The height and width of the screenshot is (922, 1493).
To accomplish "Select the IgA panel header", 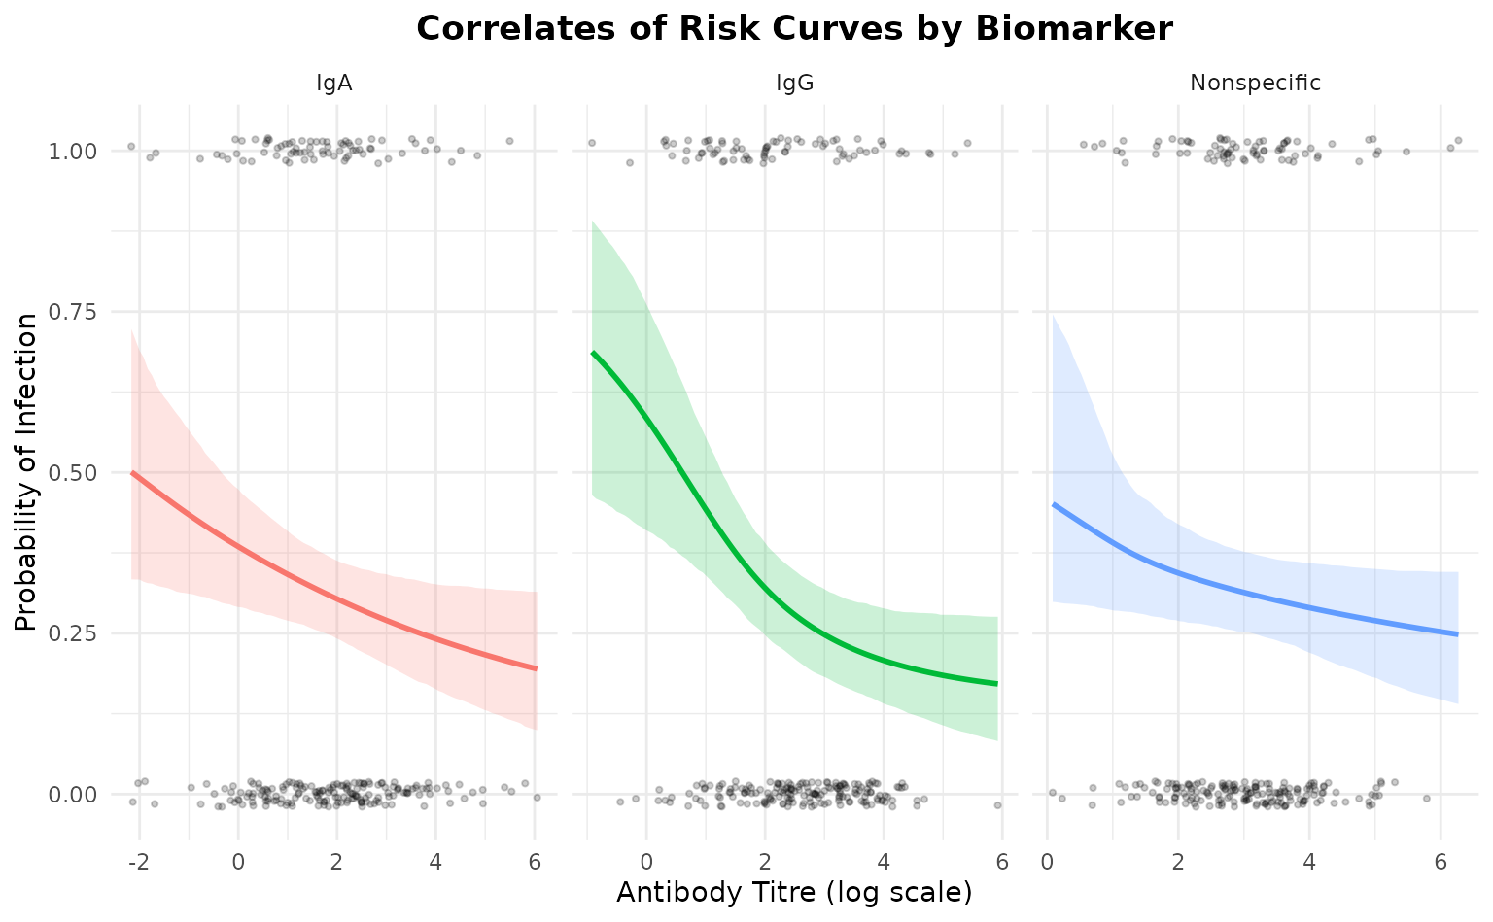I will click(333, 84).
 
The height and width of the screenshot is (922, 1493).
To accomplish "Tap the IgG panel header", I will click(794, 84).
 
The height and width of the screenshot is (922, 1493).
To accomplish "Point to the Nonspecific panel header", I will click(1255, 84).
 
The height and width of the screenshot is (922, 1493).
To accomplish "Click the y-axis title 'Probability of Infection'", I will click(27, 472).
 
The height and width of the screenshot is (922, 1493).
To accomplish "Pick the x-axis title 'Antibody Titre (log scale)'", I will click(794, 892).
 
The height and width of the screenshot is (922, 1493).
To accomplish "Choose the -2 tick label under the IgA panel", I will click(135, 862).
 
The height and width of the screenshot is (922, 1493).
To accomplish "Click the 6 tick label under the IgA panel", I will click(535, 862).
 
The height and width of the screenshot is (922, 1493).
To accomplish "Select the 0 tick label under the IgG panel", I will click(646, 862).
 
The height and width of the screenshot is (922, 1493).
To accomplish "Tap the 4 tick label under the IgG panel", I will click(883, 862).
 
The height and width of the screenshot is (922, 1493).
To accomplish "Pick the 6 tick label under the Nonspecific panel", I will click(1441, 862).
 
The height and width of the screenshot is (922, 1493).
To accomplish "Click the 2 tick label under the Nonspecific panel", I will click(1177, 862).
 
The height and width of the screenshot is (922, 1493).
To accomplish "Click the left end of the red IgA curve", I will click(132, 473).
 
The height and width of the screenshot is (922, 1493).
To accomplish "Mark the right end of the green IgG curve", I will click(997, 684).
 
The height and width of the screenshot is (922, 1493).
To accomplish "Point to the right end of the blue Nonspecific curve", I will click(1458, 634).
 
